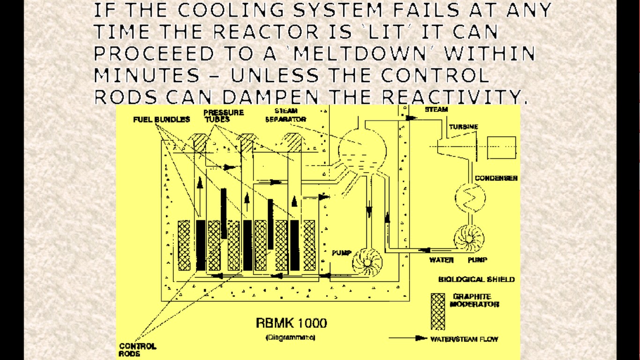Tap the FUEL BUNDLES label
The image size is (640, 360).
[x=162, y=119]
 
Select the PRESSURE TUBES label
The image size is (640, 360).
[x=223, y=116]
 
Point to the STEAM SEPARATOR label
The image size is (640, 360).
[x=285, y=116]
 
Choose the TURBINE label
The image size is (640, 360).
[x=463, y=127]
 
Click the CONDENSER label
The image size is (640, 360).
[x=496, y=178]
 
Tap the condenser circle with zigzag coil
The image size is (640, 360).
[x=470, y=198]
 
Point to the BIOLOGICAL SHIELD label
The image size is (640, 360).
[x=476, y=279]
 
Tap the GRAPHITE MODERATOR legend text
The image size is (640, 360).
[x=475, y=300]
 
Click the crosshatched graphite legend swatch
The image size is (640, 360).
[x=438, y=311]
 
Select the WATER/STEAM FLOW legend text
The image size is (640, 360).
[x=463, y=339]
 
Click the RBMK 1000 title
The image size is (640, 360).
[x=291, y=323]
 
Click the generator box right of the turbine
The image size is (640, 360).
[x=501, y=148]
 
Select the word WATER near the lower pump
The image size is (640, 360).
[x=441, y=260]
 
